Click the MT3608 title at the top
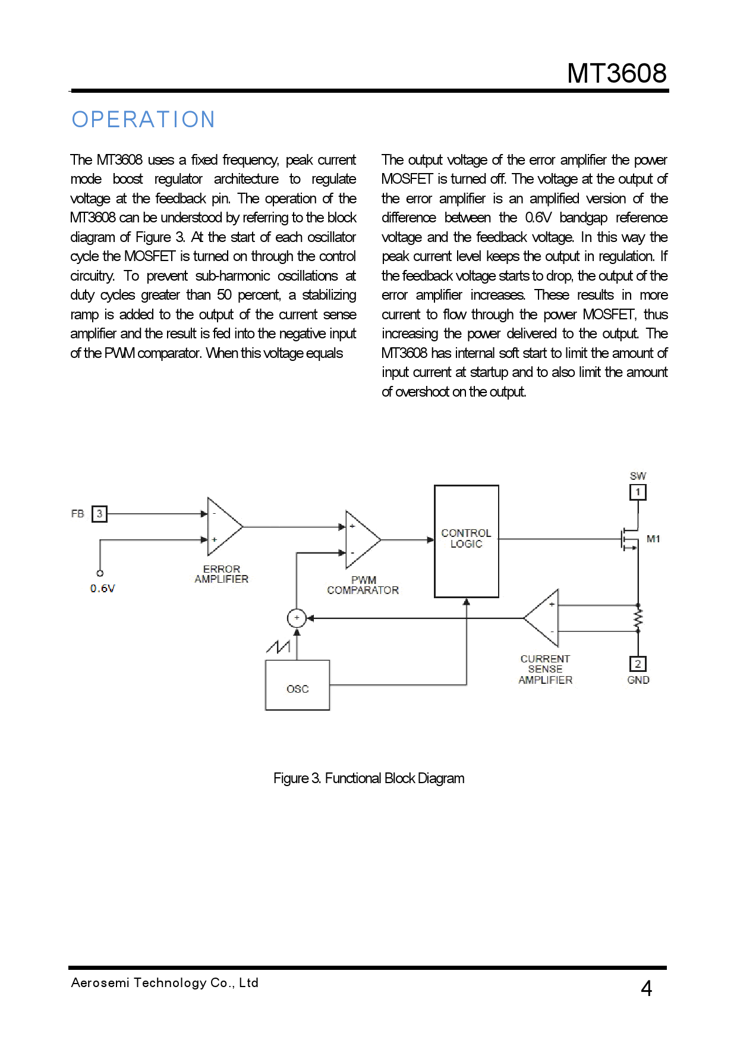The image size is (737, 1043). click(616, 73)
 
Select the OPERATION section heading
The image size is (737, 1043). click(143, 120)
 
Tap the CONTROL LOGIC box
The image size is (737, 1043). click(467, 541)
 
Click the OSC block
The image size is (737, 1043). click(297, 686)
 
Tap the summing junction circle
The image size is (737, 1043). click(297, 618)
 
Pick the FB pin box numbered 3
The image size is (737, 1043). click(99, 514)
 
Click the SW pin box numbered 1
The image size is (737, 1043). click(638, 492)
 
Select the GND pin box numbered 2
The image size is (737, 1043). click(638, 664)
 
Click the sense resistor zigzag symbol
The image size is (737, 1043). click(638, 619)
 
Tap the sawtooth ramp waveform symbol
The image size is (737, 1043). click(278, 646)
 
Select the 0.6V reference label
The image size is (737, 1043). click(103, 589)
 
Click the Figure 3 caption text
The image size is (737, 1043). click(368, 778)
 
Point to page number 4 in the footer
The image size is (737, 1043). click(647, 988)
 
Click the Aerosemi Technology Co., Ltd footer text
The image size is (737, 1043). click(165, 983)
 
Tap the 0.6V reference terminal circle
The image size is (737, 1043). click(100, 573)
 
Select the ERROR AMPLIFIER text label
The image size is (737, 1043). click(221, 574)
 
